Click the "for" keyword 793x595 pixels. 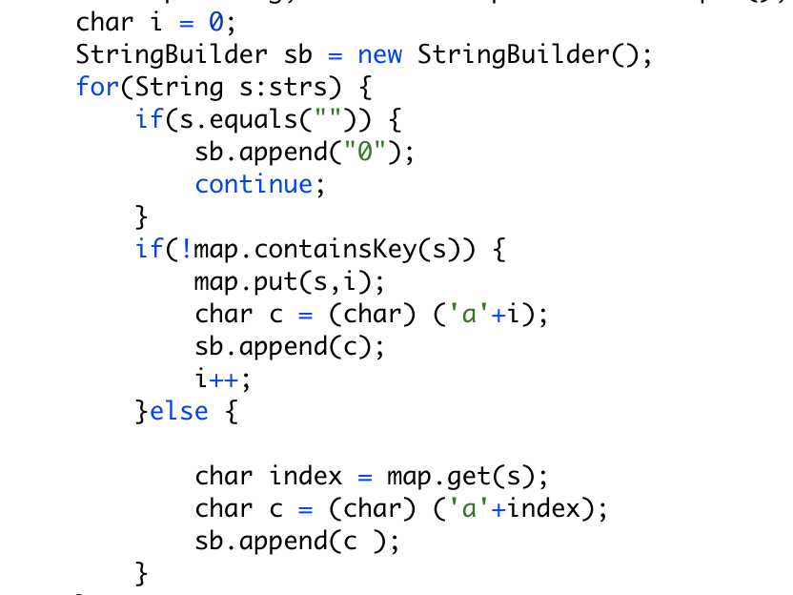click(95, 87)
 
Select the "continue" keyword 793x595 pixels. click(254, 184)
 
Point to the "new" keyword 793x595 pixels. click(379, 54)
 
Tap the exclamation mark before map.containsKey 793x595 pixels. click(186, 249)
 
